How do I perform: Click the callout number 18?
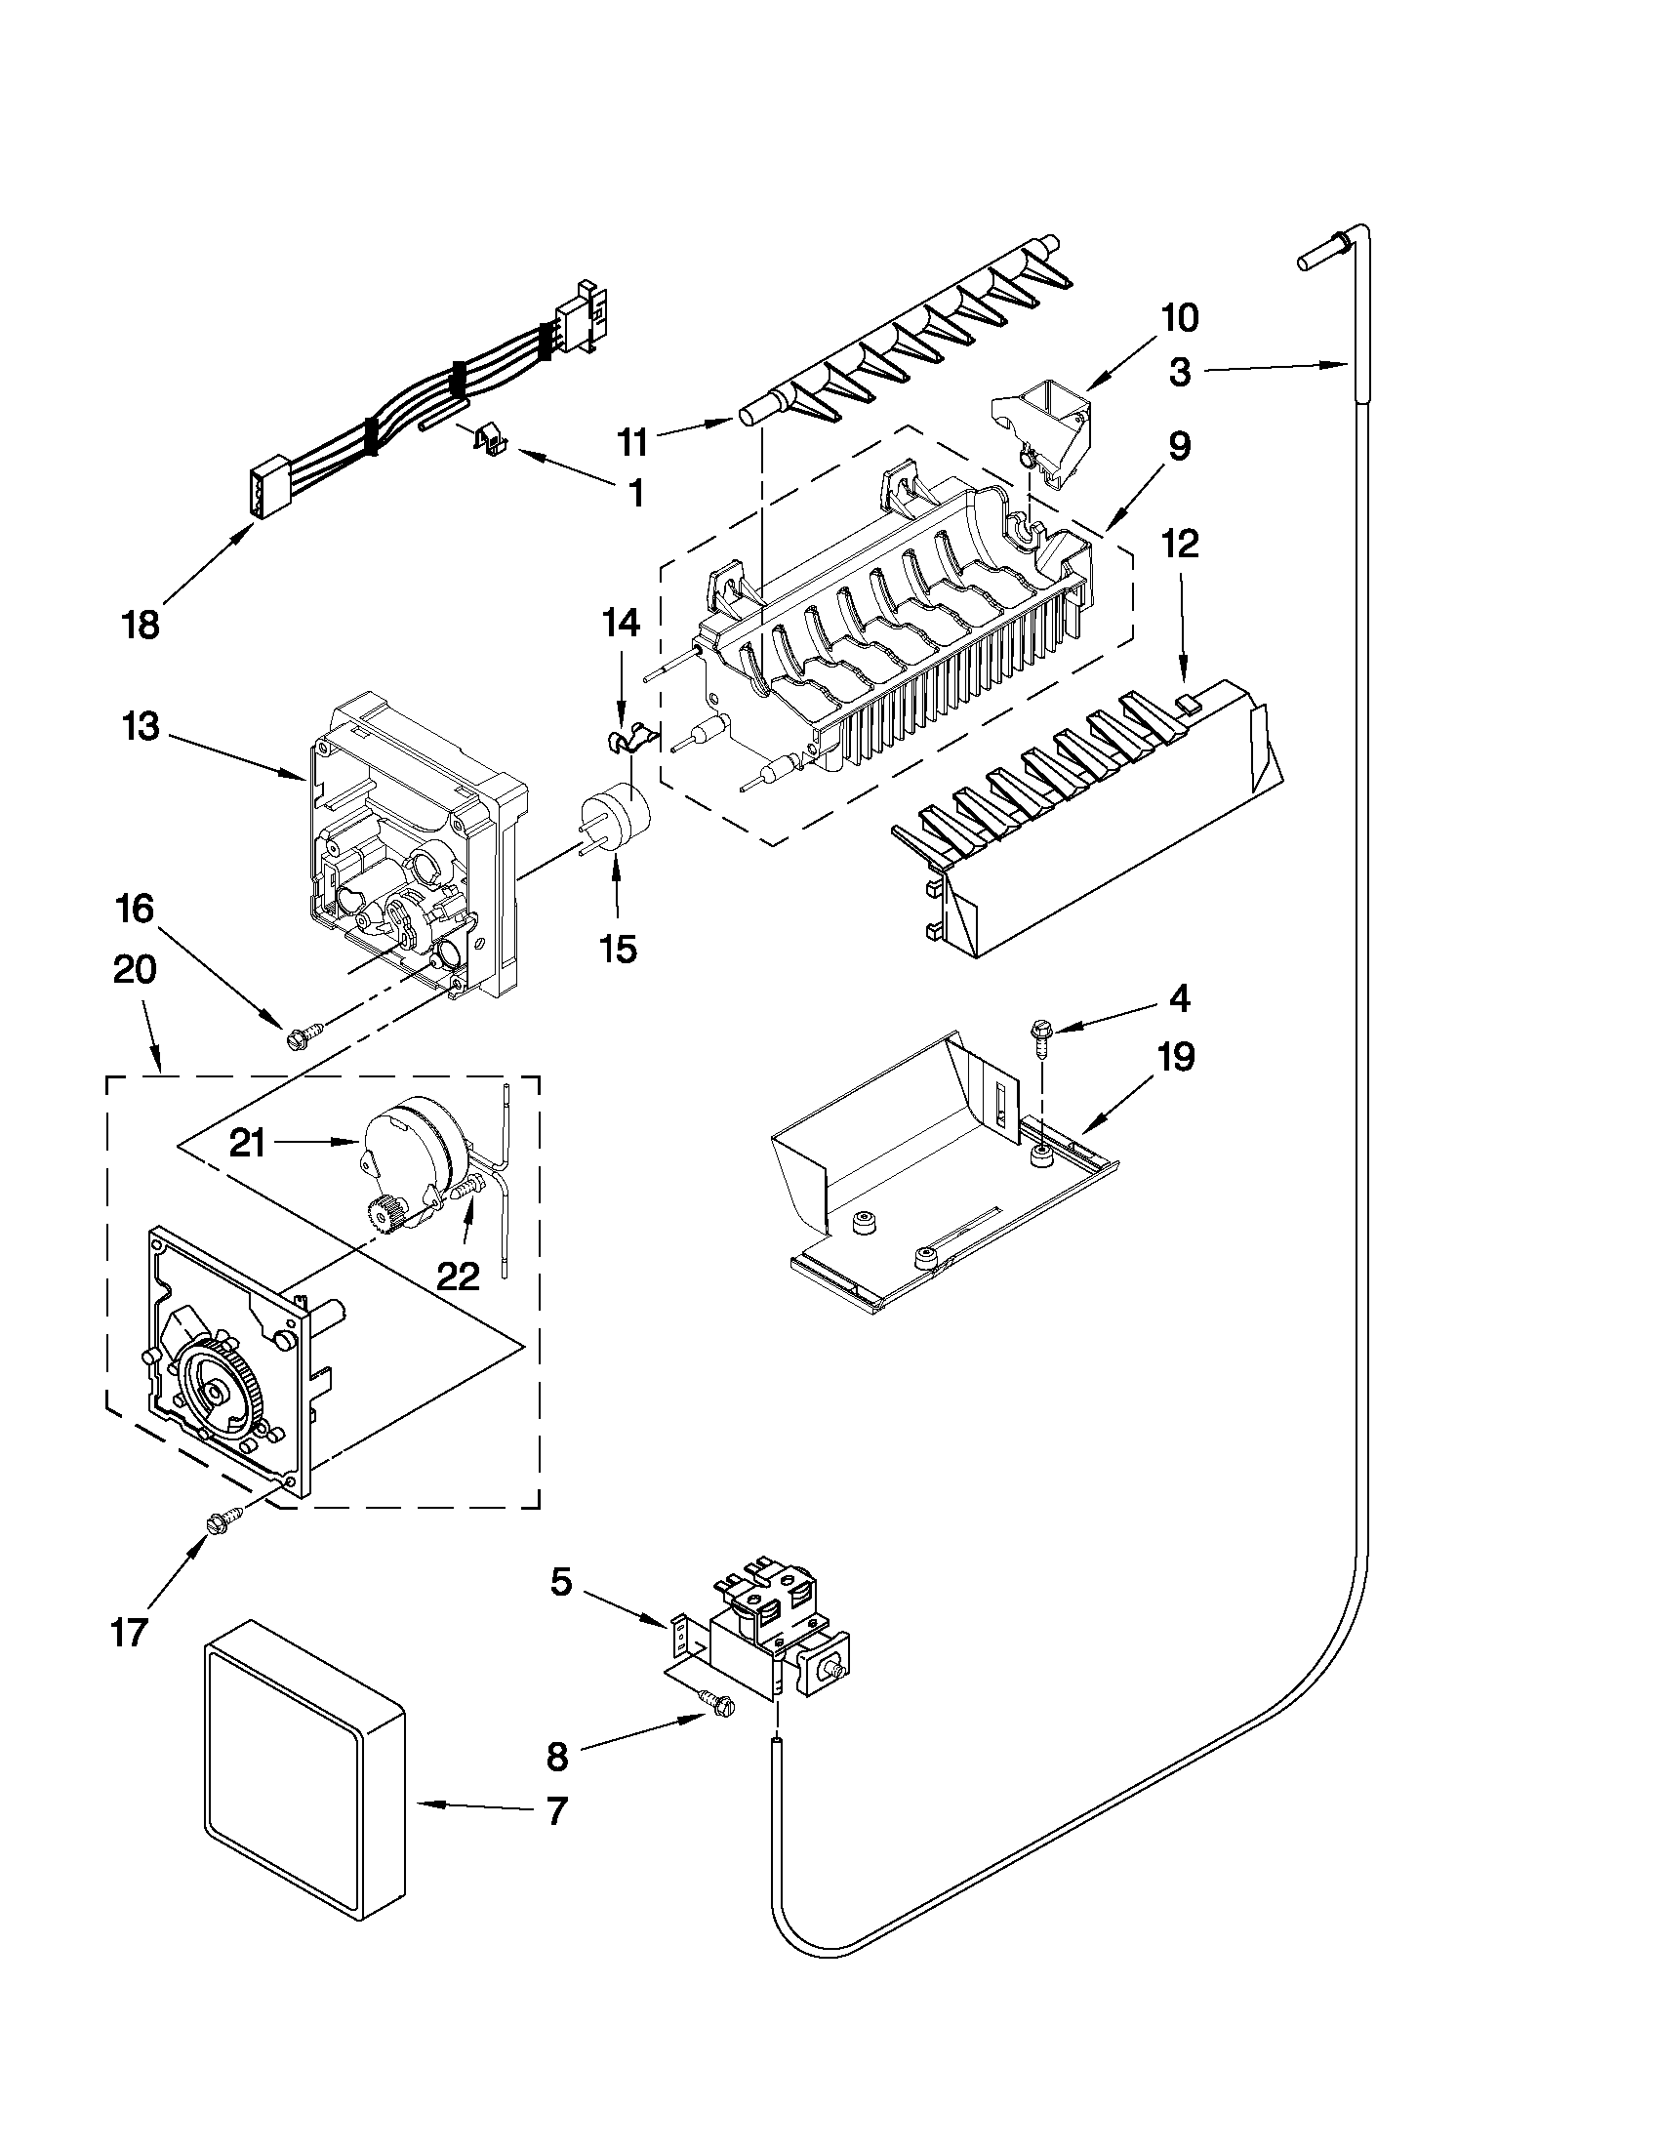pos(142,625)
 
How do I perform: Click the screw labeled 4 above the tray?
pos(1039,1036)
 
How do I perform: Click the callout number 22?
pos(458,1276)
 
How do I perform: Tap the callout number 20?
pos(135,970)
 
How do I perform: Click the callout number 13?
pos(141,727)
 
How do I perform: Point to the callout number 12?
pos(1180,544)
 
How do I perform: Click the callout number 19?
pos(1176,1057)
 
